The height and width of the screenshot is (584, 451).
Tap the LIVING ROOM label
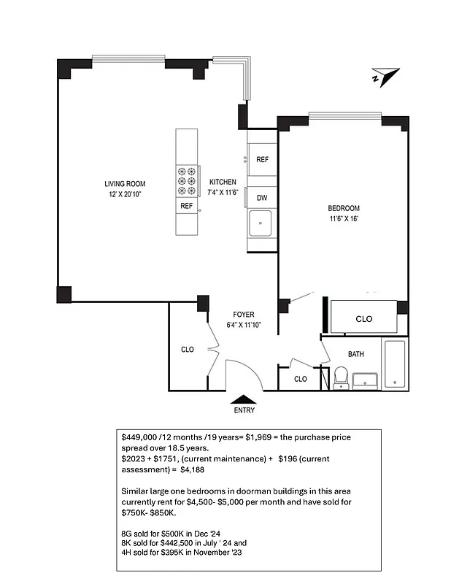pyautogui.click(x=125, y=184)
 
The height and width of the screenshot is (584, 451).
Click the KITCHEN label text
pyautogui.click(x=223, y=182)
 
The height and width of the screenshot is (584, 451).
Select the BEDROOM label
pyautogui.click(x=343, y=208)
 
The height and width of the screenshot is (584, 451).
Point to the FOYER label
pyautogui.click(x=244, y=315)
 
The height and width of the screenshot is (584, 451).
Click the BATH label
pyautogui.click(x=355, y=354)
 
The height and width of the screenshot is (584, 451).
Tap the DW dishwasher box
pyautogui.click(x=261, y=197)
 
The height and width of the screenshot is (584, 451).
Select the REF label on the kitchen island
pyautogui.click(x=186, y=207)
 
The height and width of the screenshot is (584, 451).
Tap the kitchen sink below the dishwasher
pyautogui.click(x=261, y=223)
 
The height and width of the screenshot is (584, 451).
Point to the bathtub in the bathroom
pyautogui.click(x=395, y=364)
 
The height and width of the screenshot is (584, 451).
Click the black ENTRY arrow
pyautogui.click(x=244, y=399)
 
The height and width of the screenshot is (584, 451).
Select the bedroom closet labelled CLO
pyautogui.click(x=363, y=318)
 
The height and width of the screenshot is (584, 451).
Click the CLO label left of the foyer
pyautogui.click(x=188, y=350)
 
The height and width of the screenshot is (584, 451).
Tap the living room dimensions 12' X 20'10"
pyautogui.click(x=125, y=195)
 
